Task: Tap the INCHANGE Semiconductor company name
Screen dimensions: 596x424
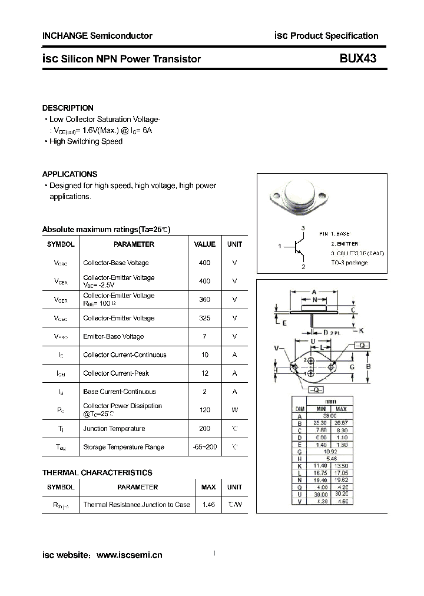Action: click(97, 36)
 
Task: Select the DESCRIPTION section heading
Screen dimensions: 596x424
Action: click(68, 108)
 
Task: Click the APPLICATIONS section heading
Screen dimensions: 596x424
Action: click(69, 174)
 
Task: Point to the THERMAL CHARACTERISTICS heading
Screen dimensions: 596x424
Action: click(97, 472)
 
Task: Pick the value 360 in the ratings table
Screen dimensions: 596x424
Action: click(204, 299)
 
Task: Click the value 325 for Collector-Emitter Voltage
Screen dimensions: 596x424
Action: click(204, 318)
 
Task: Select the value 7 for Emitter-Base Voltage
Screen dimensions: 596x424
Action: click(204, 336)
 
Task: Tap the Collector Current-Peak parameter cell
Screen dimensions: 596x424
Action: click(116, 373)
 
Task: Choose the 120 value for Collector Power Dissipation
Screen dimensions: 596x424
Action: click(204, 409)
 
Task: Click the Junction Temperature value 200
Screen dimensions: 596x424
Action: click(204, 429)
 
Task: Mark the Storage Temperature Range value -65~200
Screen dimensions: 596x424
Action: click(204, 447)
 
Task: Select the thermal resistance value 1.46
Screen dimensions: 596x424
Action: click(208, 505)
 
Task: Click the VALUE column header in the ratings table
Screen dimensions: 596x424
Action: click(204, 244)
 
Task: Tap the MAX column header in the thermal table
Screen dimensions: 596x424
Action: click(208, 487)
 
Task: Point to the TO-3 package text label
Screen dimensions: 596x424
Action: click(349, 263)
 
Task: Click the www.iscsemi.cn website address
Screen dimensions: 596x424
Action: click(129, 555)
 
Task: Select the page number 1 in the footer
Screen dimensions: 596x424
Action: click(214, 553)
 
